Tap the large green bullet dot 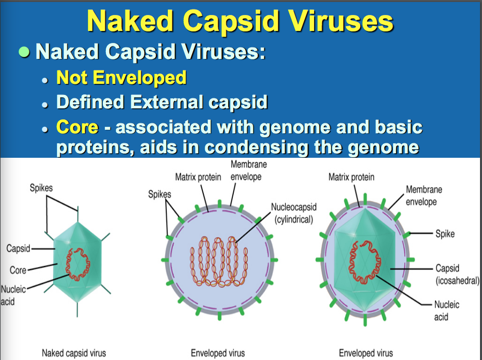[x=23, y=52]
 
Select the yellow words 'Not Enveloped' [x=121, y=77]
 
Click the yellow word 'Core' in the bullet [x=77, y=127]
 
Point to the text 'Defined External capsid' [x=162, y=102]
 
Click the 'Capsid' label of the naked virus [x=18, y=248]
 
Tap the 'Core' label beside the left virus [x=18, y=270]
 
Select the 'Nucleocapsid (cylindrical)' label [x=294, y=213]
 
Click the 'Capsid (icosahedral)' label [x=457, y=274]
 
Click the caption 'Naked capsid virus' [x=73, y=353]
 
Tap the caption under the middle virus [x=218, y=353]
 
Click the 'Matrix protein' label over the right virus [x=351, y=177]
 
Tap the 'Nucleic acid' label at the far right [x=447, y=311]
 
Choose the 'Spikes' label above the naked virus [x=41, y=188]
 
